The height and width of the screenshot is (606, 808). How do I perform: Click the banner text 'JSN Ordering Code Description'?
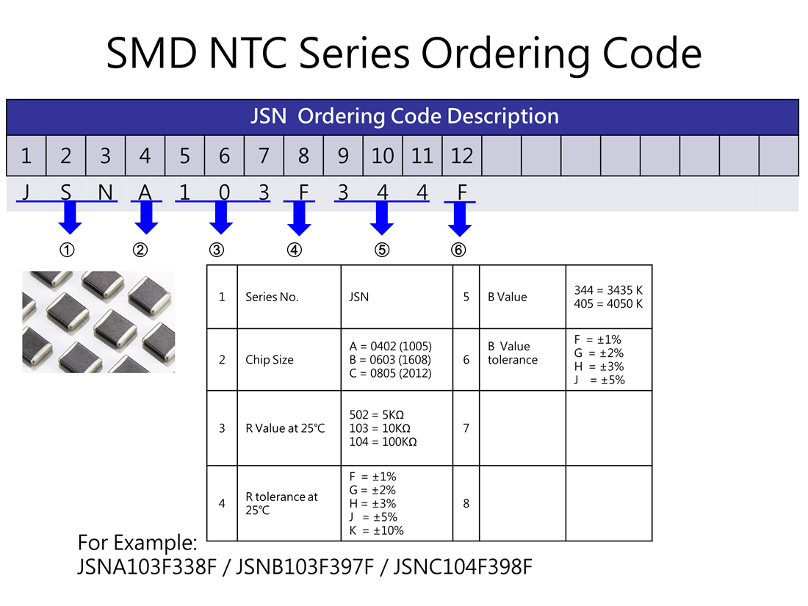pyautogui.click(x=404, y=116)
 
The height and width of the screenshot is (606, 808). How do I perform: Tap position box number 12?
pyautogui.click(x=462, y=156)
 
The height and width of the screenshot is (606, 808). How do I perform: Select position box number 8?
pyautogui.click(x=303, y=156)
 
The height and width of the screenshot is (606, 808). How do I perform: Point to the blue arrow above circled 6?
pyautogui.click(x=460, y=219)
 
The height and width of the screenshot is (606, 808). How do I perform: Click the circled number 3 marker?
pyautogui.click(x=217, y=250)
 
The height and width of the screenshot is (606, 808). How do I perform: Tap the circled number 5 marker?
pyautogui.click(x=381, y=250)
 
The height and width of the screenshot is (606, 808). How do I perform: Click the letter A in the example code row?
pyautogui.click(x=145, y=192)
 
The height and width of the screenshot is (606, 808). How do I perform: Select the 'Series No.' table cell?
pyautogui.click(x=272, y=297)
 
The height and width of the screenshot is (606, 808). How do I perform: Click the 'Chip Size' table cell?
pyautogui.click(x=269, y=360)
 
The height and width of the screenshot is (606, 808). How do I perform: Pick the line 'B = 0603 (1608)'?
pyautogui.click(x=390, y=360)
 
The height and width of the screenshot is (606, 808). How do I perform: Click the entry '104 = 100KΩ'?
pyautogui.click(x=383, y=441)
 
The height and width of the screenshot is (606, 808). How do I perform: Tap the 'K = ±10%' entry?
pyautogui.click(x=376, y=530)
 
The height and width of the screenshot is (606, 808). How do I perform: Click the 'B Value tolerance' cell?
pyautogui.click(x=512, y=353)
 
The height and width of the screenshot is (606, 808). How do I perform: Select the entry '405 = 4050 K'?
pyautogui.click(x=608, y=303)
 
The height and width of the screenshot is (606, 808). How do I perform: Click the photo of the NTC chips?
pyautogui.click(x=98, y=322)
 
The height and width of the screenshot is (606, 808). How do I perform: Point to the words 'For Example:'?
pyautogui.click(x=137, y=543)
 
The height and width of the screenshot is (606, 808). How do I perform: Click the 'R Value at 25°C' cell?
pyautogui.click(x=284, y=428)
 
